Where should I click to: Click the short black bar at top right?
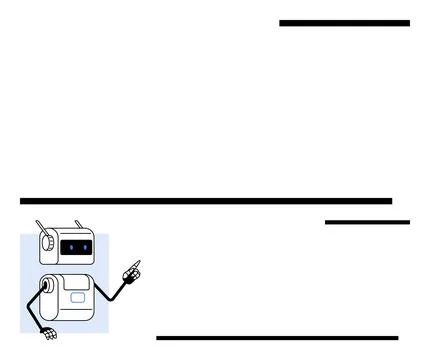344,23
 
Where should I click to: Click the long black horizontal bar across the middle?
206,201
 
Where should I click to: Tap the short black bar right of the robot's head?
367,222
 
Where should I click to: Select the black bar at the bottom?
277,338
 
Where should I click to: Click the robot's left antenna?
40,226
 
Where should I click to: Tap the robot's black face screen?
76,246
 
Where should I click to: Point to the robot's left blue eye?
70,246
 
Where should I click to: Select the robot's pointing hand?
131,272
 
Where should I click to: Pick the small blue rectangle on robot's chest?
78,297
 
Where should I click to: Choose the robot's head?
65,245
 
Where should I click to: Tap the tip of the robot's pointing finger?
139,262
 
